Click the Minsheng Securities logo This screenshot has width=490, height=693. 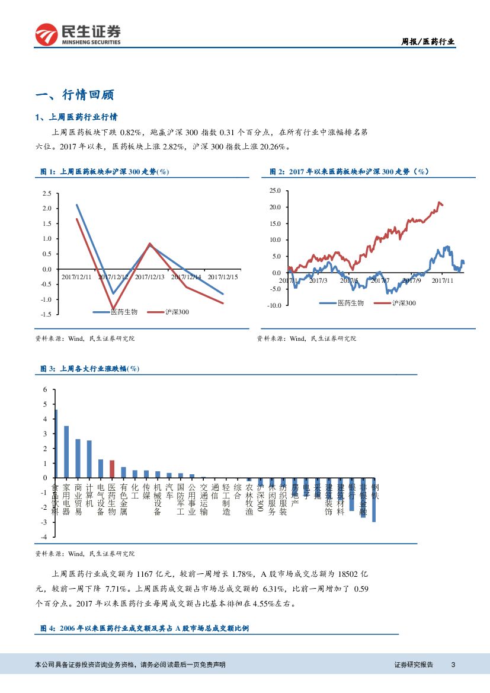click(78, 34)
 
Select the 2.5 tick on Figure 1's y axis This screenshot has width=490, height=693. click(47, 193)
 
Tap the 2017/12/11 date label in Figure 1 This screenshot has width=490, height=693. click(76, 277)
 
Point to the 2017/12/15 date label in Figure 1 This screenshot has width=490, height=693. click(223, 277)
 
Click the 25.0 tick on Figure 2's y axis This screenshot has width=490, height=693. click(274, 191)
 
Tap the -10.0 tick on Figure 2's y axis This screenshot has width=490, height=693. click(273, 305)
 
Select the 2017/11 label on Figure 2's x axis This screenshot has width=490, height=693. click(442, 280)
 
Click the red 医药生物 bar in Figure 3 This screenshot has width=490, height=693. click(112, 468)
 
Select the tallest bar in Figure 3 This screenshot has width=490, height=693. click(56, 443)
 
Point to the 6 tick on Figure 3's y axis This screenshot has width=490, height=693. click(44, 389)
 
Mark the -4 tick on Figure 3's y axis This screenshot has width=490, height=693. click(43, 536)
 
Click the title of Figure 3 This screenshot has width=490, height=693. click(89, 369)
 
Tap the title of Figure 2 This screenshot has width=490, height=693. click(349, 172)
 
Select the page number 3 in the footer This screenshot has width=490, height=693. click(453, 665)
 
